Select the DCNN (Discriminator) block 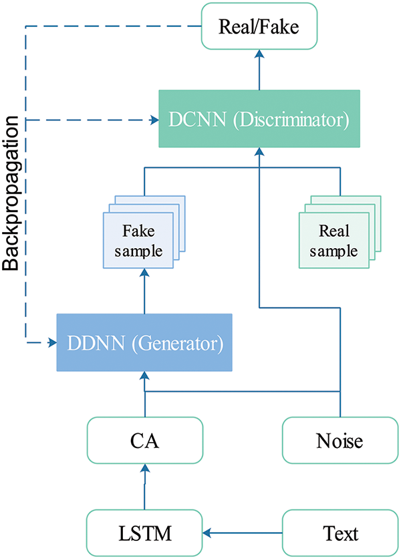pyautogui.click(x=259, y=120)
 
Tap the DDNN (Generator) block pyautogui.click(x=144, y=343)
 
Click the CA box pyautogui.click(x=144, y=439)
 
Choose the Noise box pyautogui.click(x=340, y=439)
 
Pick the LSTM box pyautogui.click(x=144, y=533)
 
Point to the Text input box pyautogui.click(x=340, y=533)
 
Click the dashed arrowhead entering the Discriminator pyautogui.click(x=151, y=120)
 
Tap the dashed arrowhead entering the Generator pyautogui.click(x=51, y=343)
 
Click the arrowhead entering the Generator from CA pyautogui.click(x=144, y=379)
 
